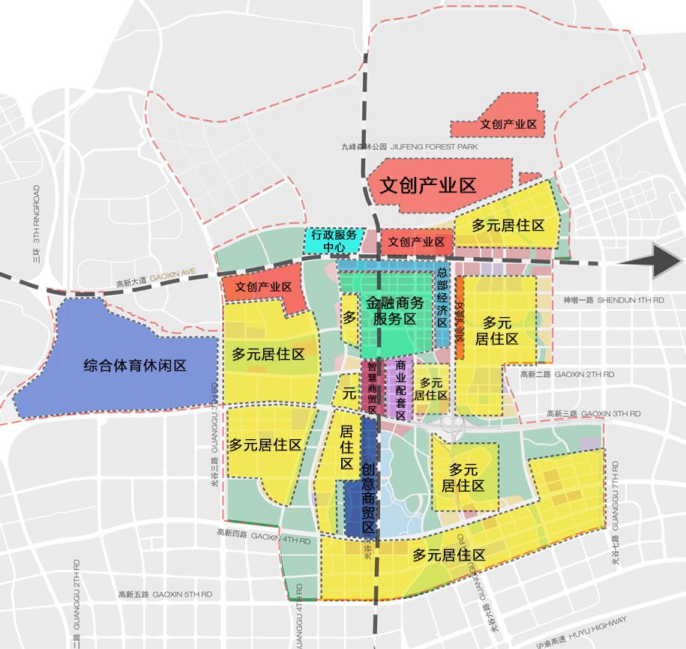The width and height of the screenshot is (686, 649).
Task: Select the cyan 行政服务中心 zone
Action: [x=333, y=240]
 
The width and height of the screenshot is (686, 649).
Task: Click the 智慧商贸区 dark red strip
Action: [x=371, y=386]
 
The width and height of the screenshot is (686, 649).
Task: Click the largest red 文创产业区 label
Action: [x=427, y=186]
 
